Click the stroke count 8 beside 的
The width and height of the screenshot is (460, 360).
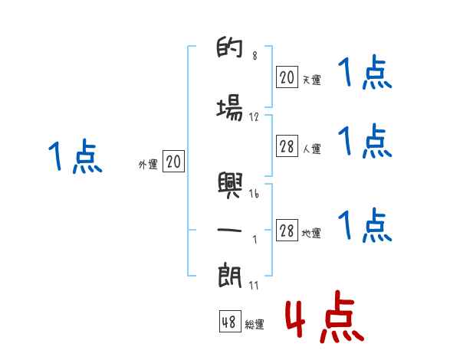(x=255, y=55)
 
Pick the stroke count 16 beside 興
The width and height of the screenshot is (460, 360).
(x=254, y=194)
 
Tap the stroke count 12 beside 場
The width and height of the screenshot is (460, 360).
(x=254, y=117)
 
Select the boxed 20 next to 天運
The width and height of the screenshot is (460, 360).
(x=287, y=77)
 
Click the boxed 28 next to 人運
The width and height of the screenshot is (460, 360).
(x=287, y=147)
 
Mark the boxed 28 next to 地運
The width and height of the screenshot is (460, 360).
(x=287, y=231)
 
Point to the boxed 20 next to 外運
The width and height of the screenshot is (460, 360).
(x=173, y=162)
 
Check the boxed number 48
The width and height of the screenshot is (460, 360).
(x=228, y=322)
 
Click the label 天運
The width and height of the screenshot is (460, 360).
(x=311, y=80)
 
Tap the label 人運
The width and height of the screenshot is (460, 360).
(x=311, y=149)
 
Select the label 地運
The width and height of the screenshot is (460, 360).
(x=311, y=234)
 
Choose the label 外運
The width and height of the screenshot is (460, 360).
(x=147, y=164)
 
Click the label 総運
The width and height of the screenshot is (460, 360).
(x=255, y=325)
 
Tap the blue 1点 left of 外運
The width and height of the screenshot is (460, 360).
(x=74, y=156)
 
